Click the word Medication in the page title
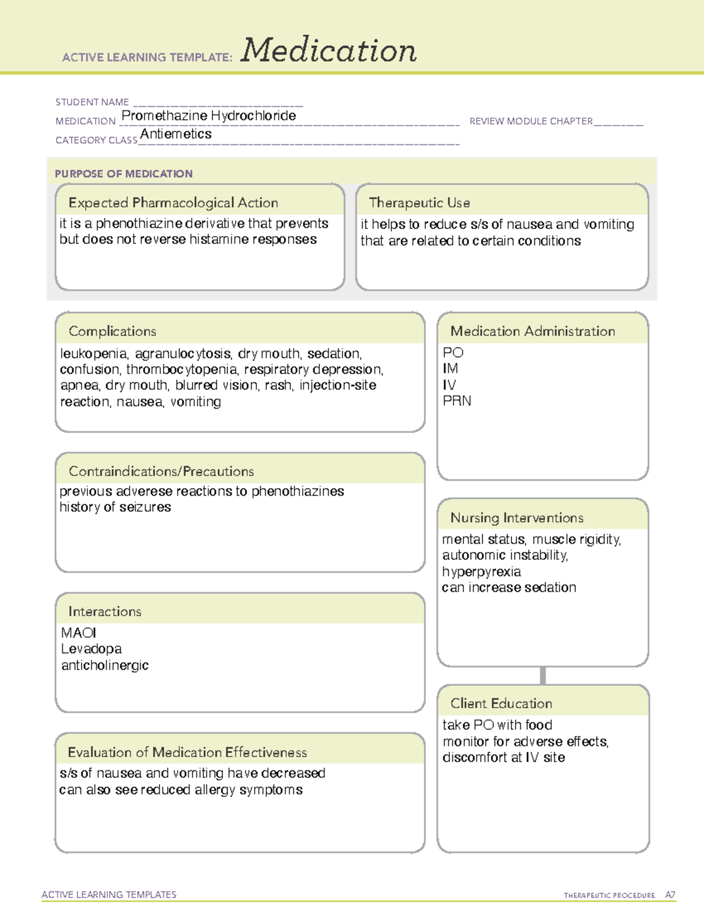(x=329, y=51)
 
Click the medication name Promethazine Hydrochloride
(x=208, y=116)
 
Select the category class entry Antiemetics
(x=176, y=134)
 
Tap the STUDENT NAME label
(x=92, y=102)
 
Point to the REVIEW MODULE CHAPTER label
(x=531, y=121)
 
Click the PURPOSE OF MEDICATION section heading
(x=124, y=174)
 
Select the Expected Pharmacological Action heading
(x=173, y=203)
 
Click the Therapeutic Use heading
(x=419, y=203)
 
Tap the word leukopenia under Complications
(x=93, y=354)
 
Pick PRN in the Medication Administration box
(x=457, y=401)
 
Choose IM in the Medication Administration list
(x=450, y=369)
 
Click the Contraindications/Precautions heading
(x=161, y=471)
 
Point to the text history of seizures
(x=116, y=507)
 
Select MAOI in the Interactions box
(x=79, y=632)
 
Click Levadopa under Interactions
(x=92, y=649)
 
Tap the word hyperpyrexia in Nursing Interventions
(x=481, y=571)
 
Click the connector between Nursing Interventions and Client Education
(x=543, y=675)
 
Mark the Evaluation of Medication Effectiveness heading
(x=187, y=752)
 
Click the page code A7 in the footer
(x=669, y=895)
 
